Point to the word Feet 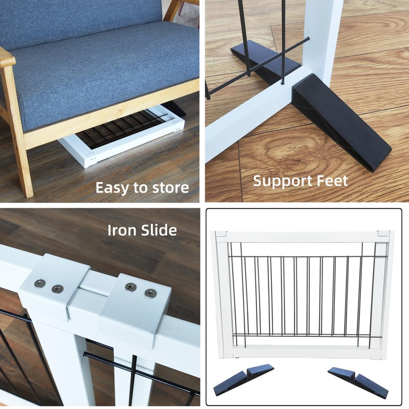pos(332,180)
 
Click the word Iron pos(121,230)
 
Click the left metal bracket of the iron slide pos(51,286)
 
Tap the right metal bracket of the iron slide pos(135,302)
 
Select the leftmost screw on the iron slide pos(39,283)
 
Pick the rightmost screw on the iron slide pos(150,293)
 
